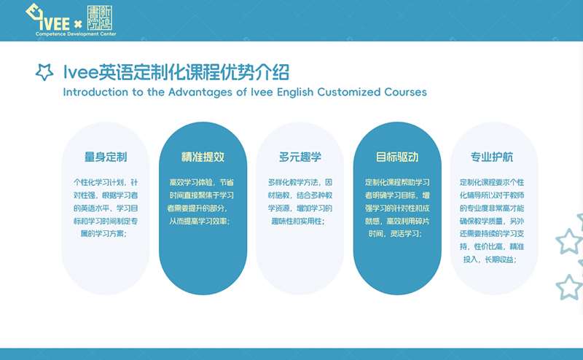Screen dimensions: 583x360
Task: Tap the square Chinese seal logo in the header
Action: click(99, 17)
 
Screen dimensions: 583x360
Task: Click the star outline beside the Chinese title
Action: click(44, 71)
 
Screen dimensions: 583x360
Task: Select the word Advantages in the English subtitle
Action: click(200, 92)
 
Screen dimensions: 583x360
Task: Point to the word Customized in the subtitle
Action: click(349, 92)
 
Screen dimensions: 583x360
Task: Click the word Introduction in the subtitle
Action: click(95, 92)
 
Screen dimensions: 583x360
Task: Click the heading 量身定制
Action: click(106, 157)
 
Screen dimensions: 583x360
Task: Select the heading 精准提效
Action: click(203, 157)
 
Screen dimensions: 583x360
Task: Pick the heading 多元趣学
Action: click(300, 157)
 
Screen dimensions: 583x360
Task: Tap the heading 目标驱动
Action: click(397, 157)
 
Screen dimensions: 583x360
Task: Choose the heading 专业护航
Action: click(491, 157)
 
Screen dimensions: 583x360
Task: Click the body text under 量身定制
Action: click(106, 208)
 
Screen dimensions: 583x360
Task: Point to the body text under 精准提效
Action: click(201, 202)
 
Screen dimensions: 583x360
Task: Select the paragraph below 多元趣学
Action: click(300, 202)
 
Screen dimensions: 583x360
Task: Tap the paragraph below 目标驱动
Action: click(397, 208)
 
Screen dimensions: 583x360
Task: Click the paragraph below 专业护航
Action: click(491, 221)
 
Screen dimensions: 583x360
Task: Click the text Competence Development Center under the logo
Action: click(76, 34)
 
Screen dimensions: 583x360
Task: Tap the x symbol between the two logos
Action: click(78, 25)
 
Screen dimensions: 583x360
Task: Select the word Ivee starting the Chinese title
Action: click(81, 72)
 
